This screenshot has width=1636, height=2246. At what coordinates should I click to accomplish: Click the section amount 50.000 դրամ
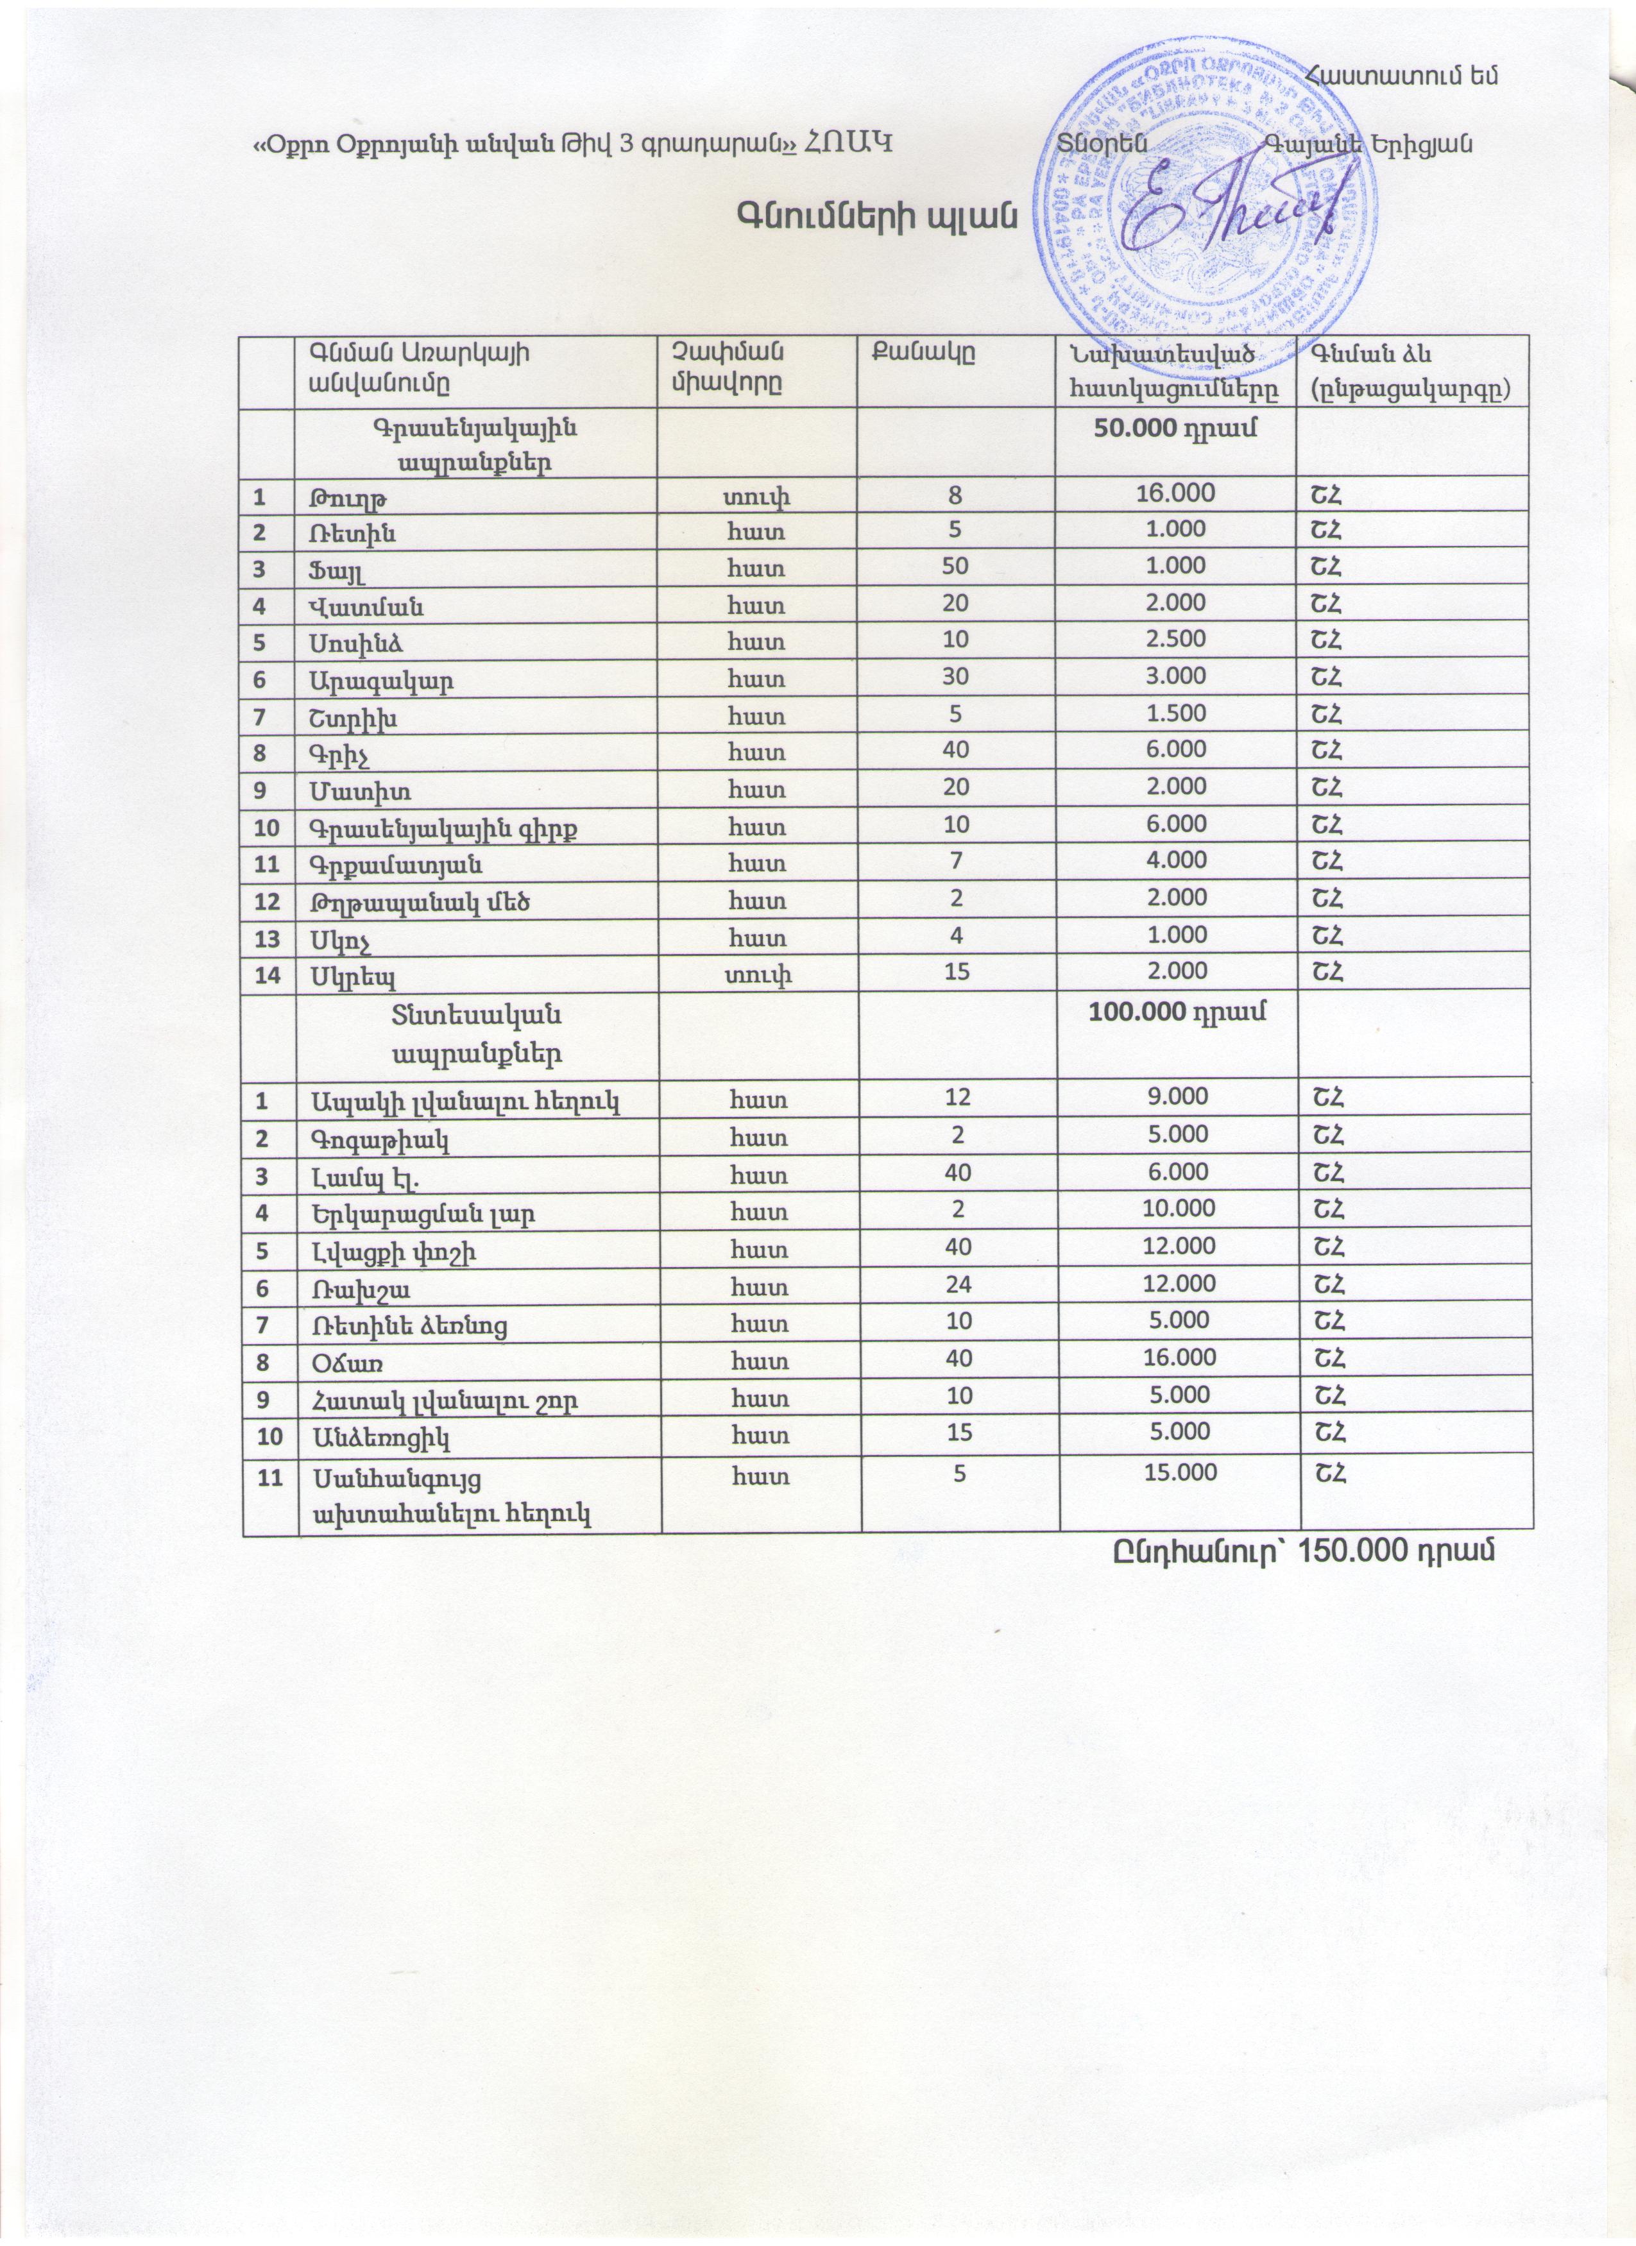(x=1175, y=429)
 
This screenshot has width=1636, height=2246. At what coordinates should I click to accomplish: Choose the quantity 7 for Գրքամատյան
(x=956, y=860)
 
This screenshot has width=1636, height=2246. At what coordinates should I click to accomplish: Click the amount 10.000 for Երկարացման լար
(x=1175, y=1209)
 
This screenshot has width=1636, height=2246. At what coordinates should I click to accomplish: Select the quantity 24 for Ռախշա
(x=956, y=1284)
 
